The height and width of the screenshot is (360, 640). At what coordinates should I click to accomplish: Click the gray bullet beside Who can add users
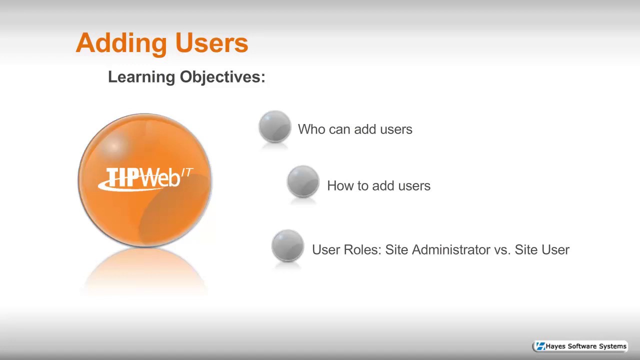tap(274, 127)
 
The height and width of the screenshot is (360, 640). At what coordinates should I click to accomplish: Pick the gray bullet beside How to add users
tap(303, 182)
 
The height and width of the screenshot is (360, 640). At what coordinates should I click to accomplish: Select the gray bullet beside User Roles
tap(287, 245)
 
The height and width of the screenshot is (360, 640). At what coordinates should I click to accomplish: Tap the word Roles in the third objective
tap(362, 249)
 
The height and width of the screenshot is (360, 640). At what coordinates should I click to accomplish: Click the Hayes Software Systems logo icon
tap(540, 346)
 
